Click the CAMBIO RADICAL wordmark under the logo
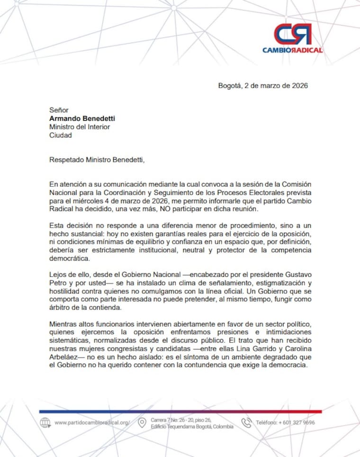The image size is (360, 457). click(x=292, y=50)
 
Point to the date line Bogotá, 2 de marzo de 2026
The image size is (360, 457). click(x=263, y=86)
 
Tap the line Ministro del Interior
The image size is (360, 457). click(x=80, y=127)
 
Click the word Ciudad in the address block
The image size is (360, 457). click(x=61, y=135)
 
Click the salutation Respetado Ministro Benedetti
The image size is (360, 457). click(x=97, y=160)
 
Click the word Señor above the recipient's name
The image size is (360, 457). click(x=59, y=110)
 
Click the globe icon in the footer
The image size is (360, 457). click(x=45, y=422)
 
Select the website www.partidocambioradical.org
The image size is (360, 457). click(x=92, y=422)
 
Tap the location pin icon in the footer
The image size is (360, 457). click(x=142, y=423)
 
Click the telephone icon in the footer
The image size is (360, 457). click(x=246, y=422)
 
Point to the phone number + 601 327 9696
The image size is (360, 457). click(x=297, y=422)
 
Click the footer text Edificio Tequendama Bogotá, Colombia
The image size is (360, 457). click(x=192, y=427)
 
